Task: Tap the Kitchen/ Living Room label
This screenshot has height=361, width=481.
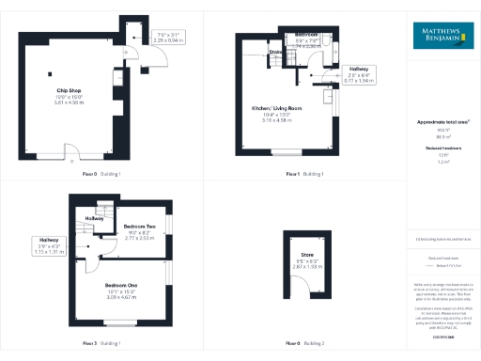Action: pyautogui.click(x=275, y=108)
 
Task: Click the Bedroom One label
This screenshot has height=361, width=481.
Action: pyautogui.click(x=122, y=285)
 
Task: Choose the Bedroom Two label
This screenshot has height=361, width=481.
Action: pyautogui.click(x=139, y=227)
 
